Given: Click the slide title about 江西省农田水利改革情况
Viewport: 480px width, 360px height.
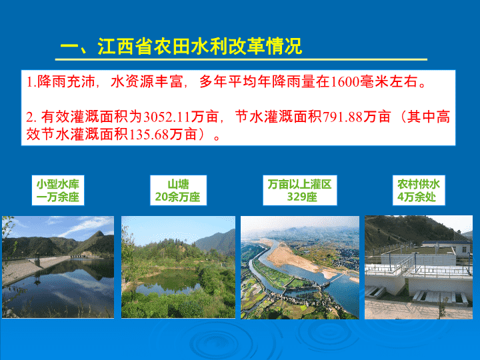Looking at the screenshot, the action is click(x=181, y=47).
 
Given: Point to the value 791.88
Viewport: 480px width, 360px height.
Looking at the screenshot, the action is click(x=343, y=117).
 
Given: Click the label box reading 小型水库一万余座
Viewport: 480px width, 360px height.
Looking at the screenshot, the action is click(x=58, y=191).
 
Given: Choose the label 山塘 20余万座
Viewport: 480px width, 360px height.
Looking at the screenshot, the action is click(x=178, y=191).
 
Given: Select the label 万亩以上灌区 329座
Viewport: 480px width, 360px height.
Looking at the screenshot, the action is click(x=300, y=191).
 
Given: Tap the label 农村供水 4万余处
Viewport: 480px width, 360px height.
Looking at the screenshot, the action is click(x=419, y=191).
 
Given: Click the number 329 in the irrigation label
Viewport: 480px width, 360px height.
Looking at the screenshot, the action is click(x=294, y=197).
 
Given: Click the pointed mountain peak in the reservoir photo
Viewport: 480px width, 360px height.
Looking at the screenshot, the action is click(x=99, y=233).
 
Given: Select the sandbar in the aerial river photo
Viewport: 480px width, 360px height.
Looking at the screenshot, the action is click(x=293, y=259).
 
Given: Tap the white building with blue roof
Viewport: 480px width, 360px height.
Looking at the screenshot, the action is click(x=447, y=247).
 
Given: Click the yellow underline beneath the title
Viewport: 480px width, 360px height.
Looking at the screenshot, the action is click(x=241, y=59).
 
